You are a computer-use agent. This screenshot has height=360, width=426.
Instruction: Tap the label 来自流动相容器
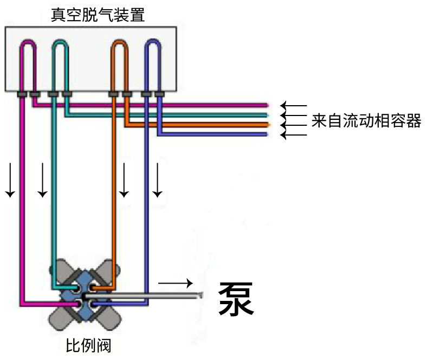click(x=366, y=120)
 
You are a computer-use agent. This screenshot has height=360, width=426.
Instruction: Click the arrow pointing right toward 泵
click(x=175, y=283)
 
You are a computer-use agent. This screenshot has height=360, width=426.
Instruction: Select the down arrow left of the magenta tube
click(x=10, y=179)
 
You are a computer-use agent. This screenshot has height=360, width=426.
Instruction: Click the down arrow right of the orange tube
click(x=124, y=179)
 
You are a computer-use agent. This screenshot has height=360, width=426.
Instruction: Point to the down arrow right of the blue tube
click(x=157, y=179)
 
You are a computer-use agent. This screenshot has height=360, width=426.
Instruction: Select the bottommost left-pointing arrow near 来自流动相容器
click(x=293, y=134)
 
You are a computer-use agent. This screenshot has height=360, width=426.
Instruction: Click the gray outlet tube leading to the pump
click(x=157, y=296)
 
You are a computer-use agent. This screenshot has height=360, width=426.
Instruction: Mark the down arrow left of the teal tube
click(x=42, y=179)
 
